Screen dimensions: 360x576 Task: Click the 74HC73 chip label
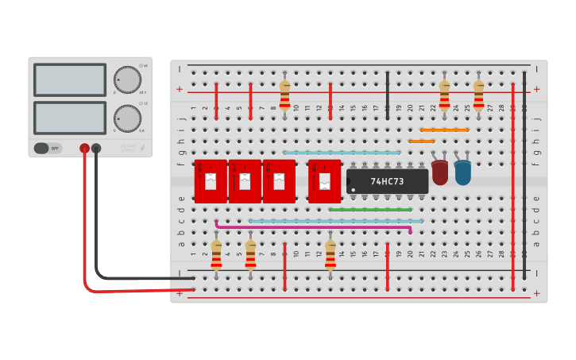point(387,181)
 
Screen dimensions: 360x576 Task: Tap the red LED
point(439,172)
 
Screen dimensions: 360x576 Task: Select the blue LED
point(462,172)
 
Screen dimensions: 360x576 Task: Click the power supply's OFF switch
point(47,148)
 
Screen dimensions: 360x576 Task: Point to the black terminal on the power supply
point(96,148)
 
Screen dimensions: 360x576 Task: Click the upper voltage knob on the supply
point(126,79)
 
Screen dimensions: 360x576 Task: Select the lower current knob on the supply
point(126,118)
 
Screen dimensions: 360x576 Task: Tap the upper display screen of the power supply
point(70,79)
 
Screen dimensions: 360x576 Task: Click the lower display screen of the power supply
point(70,118)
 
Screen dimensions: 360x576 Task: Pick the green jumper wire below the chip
point(370,210)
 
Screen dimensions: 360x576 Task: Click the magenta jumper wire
point(313,226)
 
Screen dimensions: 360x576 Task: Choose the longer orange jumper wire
point(444,130)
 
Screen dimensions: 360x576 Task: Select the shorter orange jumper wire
point(421,141)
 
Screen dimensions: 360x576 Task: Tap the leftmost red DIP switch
point(211,181)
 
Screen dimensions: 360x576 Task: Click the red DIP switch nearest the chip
point(324,181)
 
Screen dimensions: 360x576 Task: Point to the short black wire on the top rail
point(388,95)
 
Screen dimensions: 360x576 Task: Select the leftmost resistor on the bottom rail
point(216,254)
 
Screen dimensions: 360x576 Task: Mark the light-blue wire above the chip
point(342,152)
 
